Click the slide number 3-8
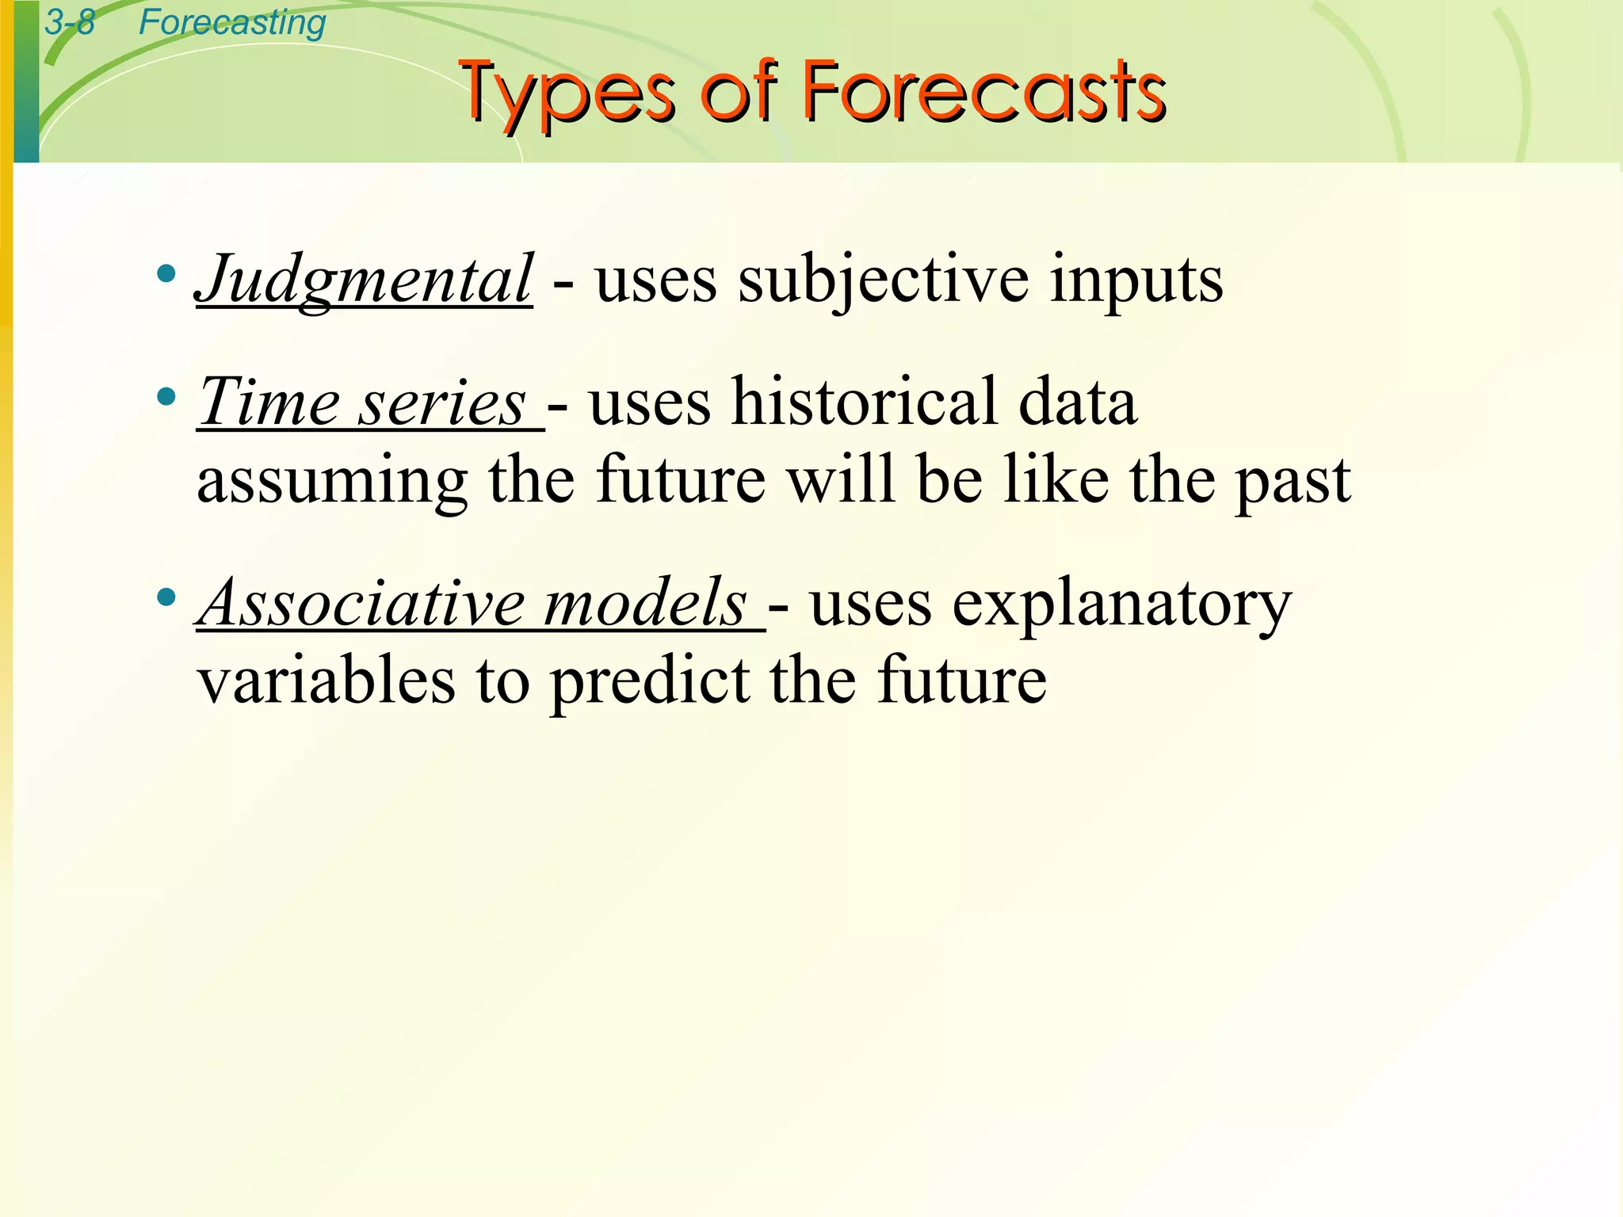pyautogui.click(x=70, y=22)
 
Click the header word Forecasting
pyautogui.click(x=232, y=22)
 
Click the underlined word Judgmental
pyautogui.click(x=365, y=280)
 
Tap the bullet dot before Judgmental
pyautogui.click(x=166, y=275)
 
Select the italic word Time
pyautogui.click(x=269, y=402)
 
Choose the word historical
pyautogui.click(x=865, y=402)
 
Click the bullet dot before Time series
pyautogui.click(x=166, y=397)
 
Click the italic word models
pyautogui.click(x=646, y=602)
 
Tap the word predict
pyautogui.click(x=650, y=681)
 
